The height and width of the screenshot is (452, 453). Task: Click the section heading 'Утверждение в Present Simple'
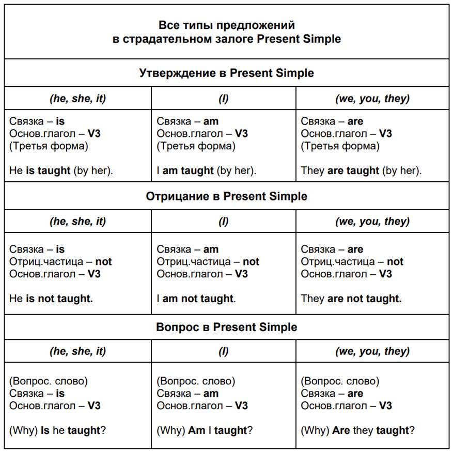click(226, 73)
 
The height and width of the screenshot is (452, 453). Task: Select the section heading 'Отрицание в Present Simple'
click(226, 196)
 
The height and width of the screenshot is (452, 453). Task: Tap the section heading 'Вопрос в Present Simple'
click(226, 327)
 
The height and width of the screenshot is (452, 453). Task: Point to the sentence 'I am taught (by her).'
click(207, 170)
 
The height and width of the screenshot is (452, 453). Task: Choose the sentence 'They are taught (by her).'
click(361, 170)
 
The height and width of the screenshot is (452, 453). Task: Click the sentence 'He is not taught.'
click(51, 298)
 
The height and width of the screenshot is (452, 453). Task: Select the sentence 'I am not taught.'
click(196, 298)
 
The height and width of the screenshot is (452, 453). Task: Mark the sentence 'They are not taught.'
click(351, 298)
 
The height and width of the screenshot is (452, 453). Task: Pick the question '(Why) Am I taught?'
click(205, 430)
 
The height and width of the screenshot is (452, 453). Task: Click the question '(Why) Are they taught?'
click(357, 430)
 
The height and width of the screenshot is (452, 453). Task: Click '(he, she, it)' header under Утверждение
click(77, 98)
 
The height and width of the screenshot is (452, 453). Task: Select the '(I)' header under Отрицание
click(224, 221)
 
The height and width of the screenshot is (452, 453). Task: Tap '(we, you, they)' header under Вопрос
click(372, 351)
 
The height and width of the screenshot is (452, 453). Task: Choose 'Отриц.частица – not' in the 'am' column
click(208, 261)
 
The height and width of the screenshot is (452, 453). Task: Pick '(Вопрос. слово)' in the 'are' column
click(340, 381)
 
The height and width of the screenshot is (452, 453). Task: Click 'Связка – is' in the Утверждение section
click(37, 121)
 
